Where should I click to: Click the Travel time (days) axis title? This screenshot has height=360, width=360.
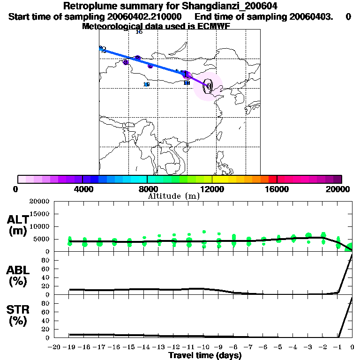point(205,356)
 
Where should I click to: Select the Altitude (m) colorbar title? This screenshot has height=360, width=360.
point(173,196)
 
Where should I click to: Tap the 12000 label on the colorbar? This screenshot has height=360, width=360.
point(212,189)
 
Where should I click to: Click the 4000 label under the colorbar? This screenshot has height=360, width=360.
point(82,189)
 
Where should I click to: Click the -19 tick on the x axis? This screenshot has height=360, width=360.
point(69,347)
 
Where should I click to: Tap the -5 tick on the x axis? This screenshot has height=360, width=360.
point(277,347)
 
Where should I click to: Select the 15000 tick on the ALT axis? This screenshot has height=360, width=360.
point(39,214)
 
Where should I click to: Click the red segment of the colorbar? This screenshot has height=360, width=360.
point(272,179)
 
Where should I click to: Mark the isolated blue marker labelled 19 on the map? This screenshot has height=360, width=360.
point(147,84)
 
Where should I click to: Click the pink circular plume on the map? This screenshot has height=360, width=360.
point(209,87)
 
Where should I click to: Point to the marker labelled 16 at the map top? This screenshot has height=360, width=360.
point(139,32)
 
